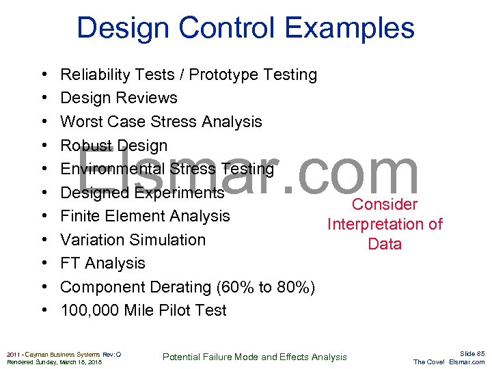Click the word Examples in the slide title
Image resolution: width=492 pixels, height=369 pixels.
(349, 29)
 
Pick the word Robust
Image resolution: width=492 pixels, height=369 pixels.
(86, 146)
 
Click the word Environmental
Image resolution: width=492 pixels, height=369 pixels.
(113, 169)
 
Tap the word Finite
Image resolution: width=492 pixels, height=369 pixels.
(80, 216)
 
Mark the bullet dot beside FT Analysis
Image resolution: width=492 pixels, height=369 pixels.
(43, 264)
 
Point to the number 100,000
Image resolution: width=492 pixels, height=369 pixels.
(90, 310)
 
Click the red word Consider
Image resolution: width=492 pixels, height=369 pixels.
(385, 204)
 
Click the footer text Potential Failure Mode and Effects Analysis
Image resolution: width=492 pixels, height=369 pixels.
(254, 357)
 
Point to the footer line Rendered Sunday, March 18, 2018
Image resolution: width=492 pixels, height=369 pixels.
(54, 362)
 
